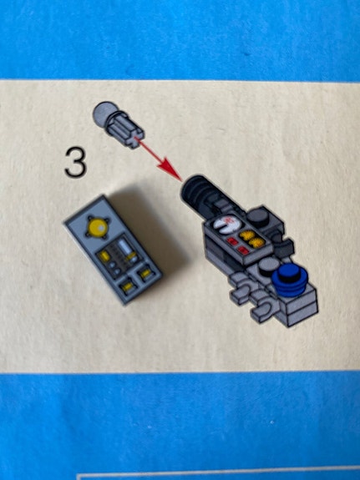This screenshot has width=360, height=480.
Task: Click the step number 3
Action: (x=75, y=162)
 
